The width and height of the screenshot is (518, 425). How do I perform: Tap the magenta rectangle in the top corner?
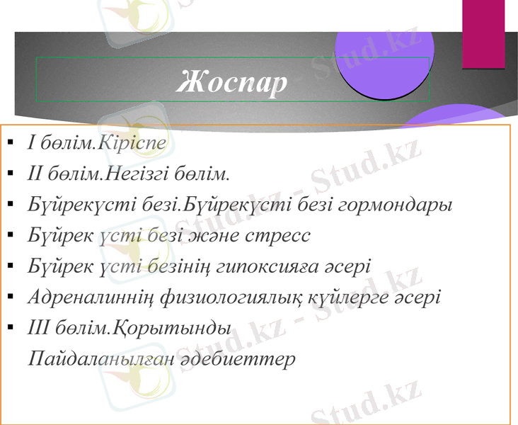pos(483,34)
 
